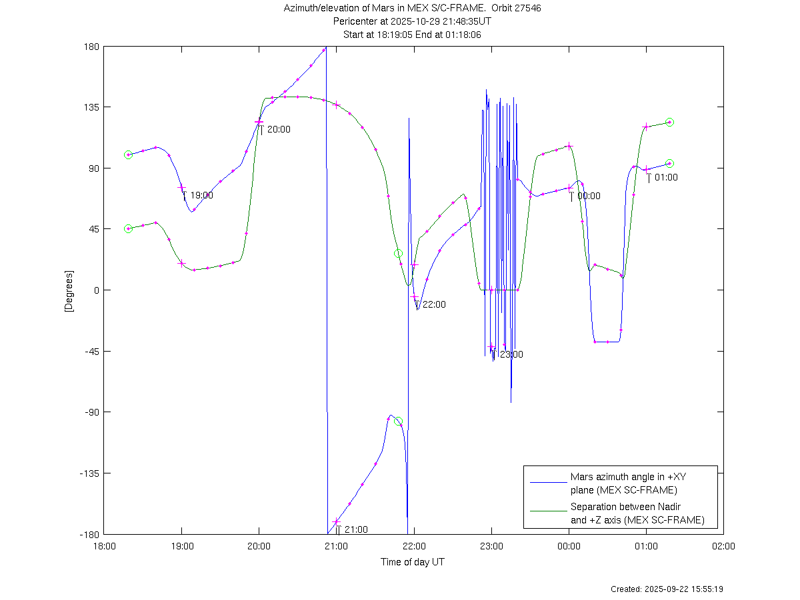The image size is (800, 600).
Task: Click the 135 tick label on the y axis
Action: [91, 107]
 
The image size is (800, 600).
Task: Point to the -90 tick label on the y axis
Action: [90, 412]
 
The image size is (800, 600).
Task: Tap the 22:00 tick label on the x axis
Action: [414, 546]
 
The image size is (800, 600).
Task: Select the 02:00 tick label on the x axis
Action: [723, 546]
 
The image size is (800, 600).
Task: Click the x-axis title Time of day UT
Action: [413, 562]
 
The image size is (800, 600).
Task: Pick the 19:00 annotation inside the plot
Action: [201, 196]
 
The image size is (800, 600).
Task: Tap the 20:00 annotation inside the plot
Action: [279, 130]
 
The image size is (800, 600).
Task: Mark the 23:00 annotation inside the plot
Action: [511, 355]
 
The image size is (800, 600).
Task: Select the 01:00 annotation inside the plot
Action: [666, 178]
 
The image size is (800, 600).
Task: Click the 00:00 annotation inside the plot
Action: [589, 196]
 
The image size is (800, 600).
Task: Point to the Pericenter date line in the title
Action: [413, 21]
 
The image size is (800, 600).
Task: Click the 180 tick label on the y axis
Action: [91, 47]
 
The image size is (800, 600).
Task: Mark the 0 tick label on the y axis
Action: [96, 290]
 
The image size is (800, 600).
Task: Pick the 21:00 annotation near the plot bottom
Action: [356, 530]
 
